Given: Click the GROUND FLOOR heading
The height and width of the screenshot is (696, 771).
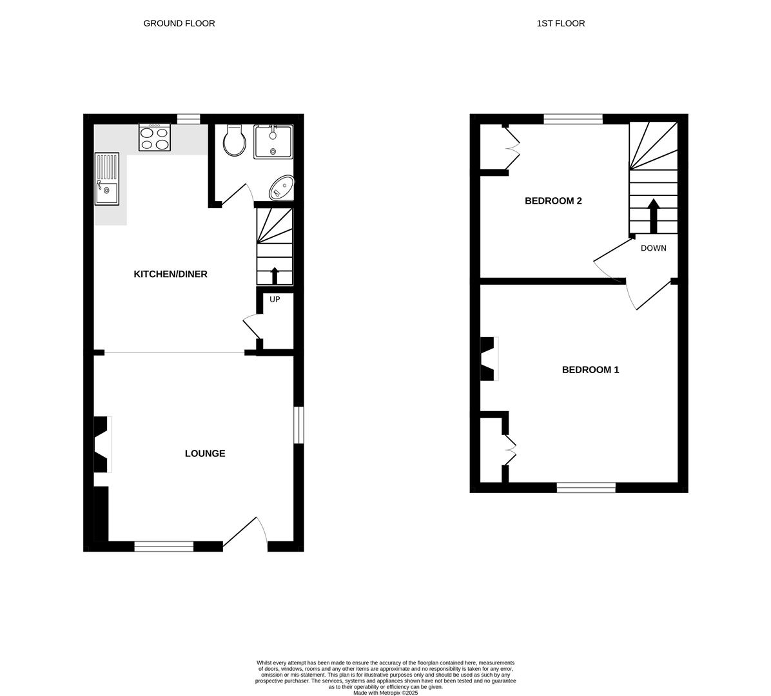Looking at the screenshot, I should pos(179,23).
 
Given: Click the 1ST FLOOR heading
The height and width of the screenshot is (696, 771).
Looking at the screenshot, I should pos(560,23).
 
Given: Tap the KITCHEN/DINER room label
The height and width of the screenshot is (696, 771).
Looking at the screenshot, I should pos(170,274).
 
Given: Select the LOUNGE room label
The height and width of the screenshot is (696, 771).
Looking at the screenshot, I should pos(205,453).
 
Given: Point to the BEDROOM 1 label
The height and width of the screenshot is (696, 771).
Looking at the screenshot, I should pos(590,370).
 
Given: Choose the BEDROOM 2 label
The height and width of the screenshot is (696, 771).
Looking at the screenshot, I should pos(553,200).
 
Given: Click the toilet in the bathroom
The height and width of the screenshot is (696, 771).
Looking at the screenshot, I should pos(234,140).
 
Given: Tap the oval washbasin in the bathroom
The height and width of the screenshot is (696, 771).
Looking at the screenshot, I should pos(282,188).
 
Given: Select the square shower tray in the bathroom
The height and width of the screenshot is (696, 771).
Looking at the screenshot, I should pos(273,142).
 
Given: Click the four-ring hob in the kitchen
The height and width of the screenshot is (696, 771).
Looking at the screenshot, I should pos(155,137).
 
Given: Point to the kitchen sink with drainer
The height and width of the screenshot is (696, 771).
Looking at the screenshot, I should pos(107,179).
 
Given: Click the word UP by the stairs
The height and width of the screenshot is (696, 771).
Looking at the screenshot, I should pos(275,300).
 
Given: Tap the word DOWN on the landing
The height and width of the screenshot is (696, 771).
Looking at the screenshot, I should pos(653,248).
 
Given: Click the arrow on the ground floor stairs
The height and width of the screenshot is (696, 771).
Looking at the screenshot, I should pos(275,275).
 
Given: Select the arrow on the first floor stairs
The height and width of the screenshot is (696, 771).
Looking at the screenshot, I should pos(653,215).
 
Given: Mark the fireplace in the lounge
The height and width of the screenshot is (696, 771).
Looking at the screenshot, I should pos(102,444).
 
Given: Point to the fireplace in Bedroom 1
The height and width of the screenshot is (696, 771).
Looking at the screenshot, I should pos(489,358).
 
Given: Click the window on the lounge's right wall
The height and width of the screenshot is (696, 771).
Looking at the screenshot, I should pos(298,425).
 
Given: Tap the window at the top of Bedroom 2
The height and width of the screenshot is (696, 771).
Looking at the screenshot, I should pos(572,119).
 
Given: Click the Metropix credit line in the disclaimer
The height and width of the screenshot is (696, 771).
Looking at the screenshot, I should pos(385,693).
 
